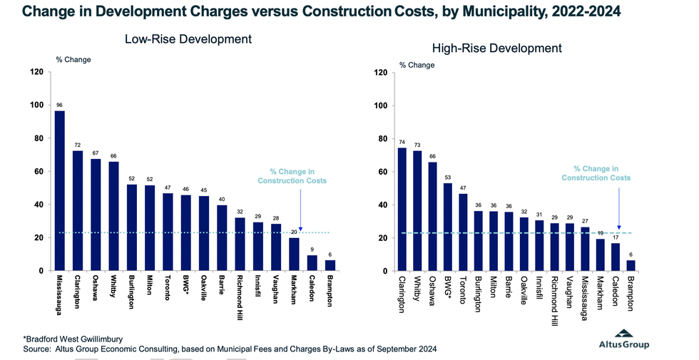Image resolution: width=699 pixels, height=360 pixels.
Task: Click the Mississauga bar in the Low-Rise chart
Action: pyautogui.click(x=59, y=191)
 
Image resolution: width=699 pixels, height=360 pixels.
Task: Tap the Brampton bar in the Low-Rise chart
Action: pyautogui.click(x=330, y=265)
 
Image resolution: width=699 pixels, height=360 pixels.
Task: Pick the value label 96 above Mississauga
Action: pyautogui.click(x=59, y=105)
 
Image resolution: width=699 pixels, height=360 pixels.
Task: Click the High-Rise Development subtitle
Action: pyautogui.click(x=497, y=48)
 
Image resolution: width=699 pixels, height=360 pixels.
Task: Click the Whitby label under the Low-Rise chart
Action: pyautogui.click(x=113, y=289)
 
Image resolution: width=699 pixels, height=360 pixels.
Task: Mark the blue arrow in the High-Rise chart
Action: pyautogui.click(x=619, y=206)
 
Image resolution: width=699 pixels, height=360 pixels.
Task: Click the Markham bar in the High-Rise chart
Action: pyautogui.click(x=600, y=254)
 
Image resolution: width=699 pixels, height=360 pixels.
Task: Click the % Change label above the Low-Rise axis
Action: pyautogui.click(x=73, y=59)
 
